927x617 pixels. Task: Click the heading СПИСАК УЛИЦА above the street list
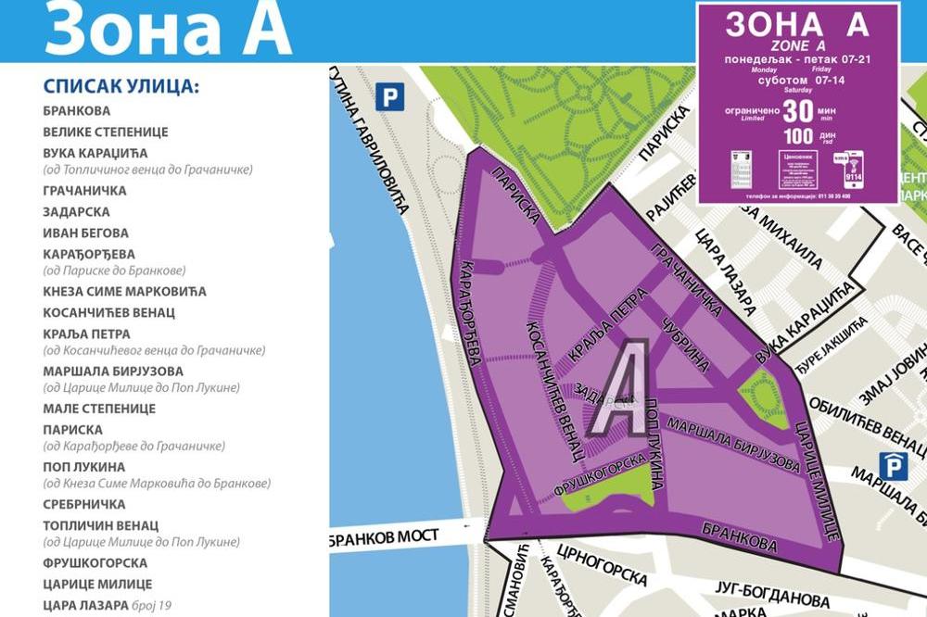pos(121,87)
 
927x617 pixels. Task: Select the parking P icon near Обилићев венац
pos(894,465)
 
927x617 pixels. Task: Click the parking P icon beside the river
pos(390,96)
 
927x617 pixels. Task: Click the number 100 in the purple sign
pos(798,136)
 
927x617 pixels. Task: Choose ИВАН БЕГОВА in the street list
pos(85,233)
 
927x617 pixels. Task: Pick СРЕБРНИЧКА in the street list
pos(83,504)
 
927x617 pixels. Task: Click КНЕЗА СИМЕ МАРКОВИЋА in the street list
pos(124,291)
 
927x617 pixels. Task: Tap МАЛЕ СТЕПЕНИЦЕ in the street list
pos(99,409)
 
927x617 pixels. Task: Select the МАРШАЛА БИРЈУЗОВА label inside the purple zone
pos(733,446)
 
